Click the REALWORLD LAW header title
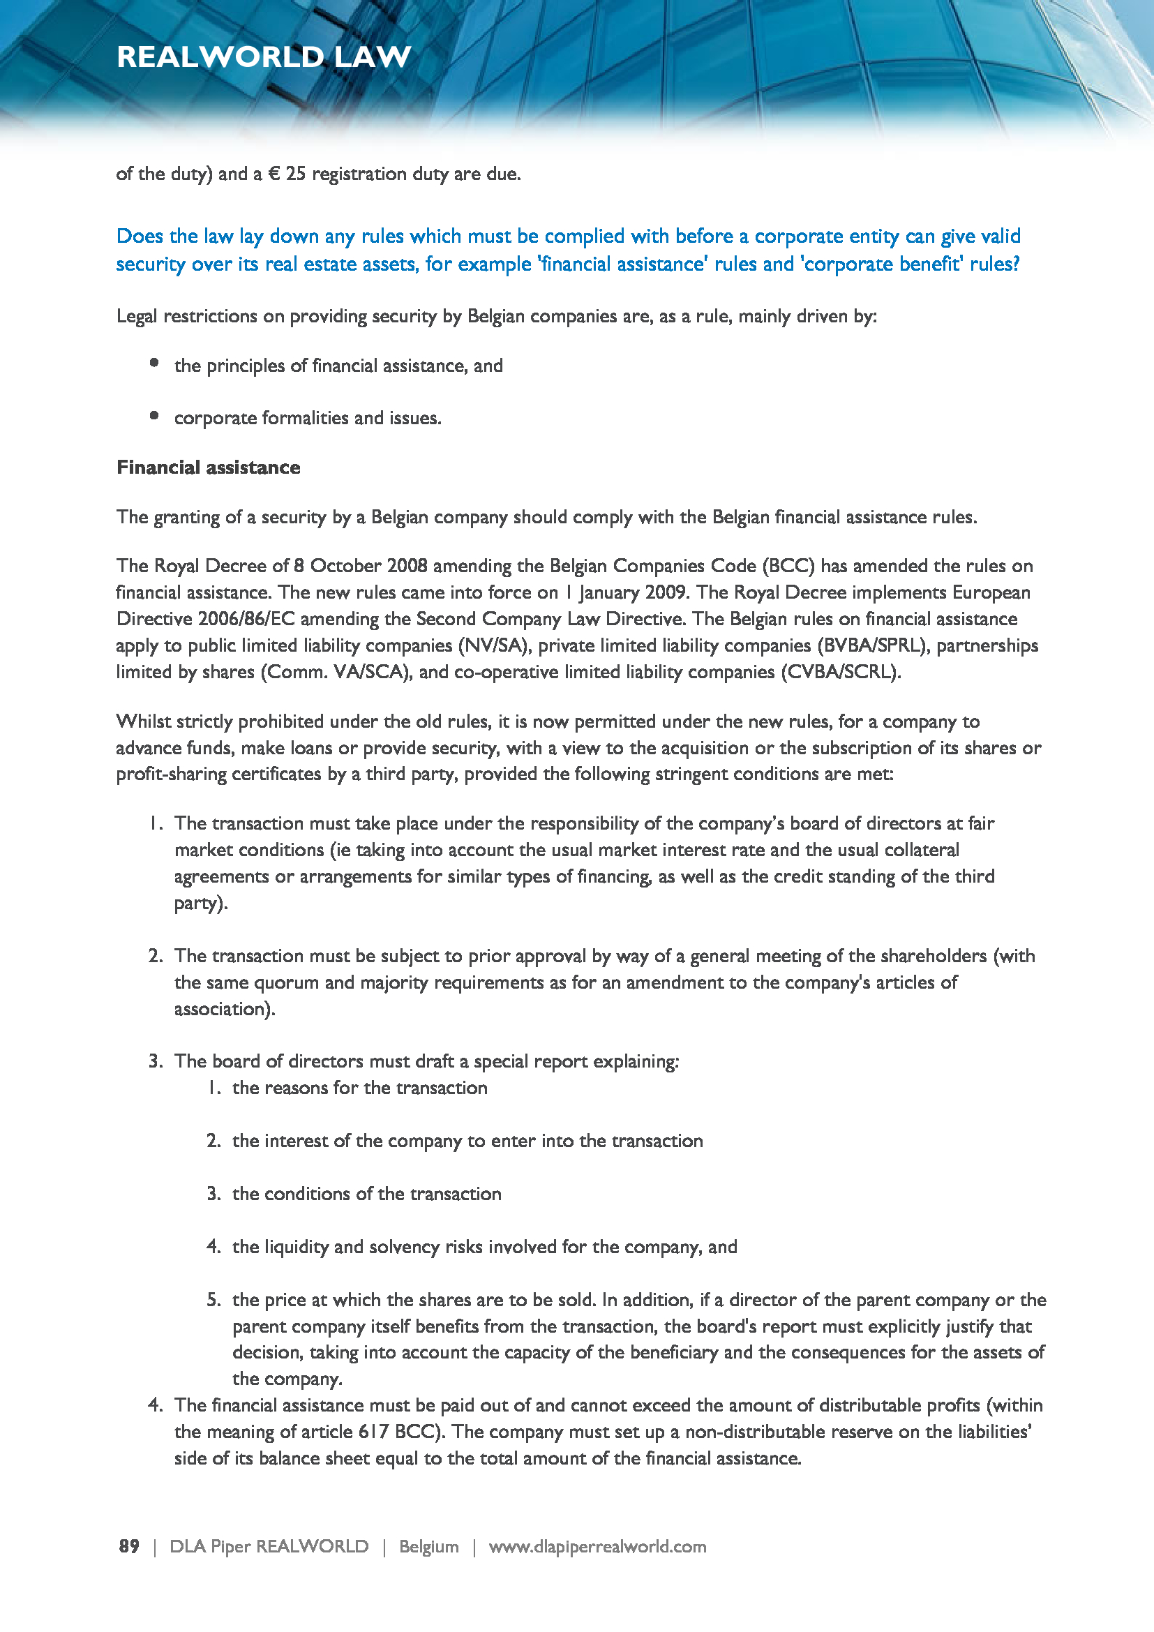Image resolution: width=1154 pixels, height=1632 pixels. coord(264,57)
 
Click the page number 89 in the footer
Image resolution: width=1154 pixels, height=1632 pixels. coord(128,1546)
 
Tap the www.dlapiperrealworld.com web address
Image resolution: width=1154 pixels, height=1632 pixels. coord(597,1546)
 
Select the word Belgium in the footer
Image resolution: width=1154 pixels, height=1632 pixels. coord(428,1546)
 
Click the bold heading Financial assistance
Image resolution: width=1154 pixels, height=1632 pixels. coord(208,467)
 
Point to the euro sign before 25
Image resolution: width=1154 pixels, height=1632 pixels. coord(273,174)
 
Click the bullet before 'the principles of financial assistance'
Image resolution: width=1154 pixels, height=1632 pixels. coord(154,364)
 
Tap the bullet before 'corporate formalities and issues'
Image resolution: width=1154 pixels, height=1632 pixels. coord(154,416)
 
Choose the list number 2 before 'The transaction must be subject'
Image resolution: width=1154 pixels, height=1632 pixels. coord(156,956)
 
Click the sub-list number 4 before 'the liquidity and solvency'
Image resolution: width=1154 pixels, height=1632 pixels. coord(213,1247)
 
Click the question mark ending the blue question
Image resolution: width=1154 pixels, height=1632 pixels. coord(1015,264)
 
